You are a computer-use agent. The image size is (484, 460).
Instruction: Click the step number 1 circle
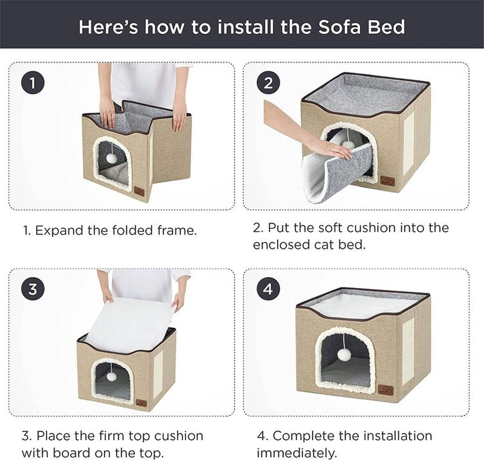[32, 83]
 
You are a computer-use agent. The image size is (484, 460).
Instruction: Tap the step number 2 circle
[268, 83]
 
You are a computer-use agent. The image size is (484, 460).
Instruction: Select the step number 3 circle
[32, 289]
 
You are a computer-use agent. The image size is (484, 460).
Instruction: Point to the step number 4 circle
[268, 289]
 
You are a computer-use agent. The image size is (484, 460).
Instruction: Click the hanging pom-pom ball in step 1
[111, 158]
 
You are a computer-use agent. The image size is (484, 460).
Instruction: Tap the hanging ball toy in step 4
[343, 354]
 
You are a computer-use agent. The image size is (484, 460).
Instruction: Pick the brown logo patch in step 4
[386, 390]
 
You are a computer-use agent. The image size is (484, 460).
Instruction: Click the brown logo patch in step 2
[387, 181]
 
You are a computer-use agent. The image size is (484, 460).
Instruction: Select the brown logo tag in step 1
[140, 192]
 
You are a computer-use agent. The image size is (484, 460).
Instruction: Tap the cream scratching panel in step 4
[408, 352]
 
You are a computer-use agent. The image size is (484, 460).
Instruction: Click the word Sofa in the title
[339, 27]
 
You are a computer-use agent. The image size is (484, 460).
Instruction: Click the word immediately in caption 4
[296, 453]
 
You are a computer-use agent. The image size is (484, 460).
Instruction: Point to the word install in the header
[245, 27]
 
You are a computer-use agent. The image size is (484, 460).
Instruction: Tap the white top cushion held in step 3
[128, 324]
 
